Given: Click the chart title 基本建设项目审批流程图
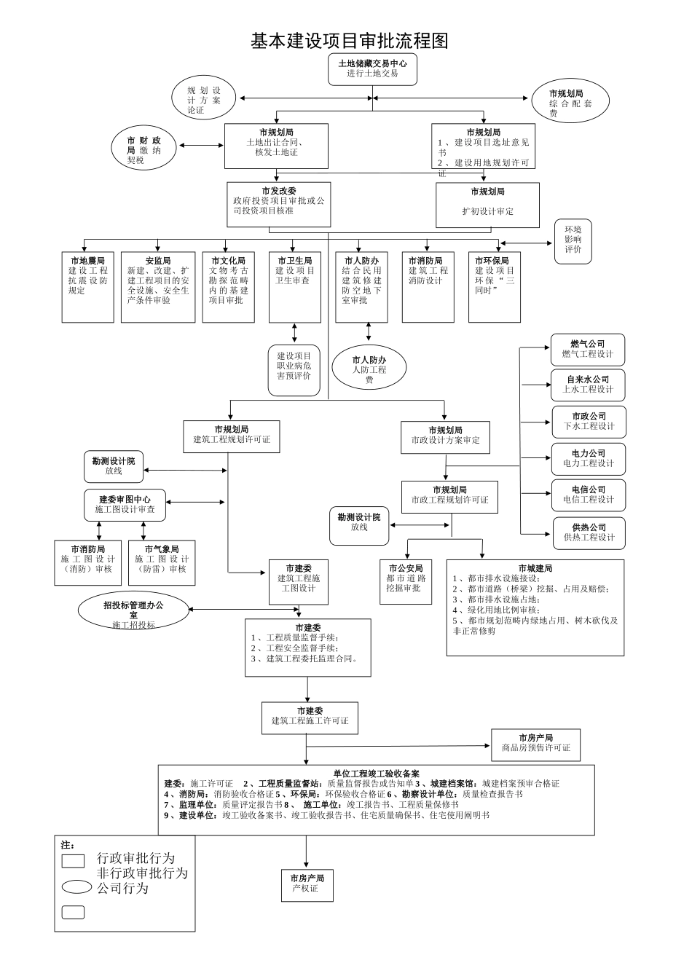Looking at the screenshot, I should (349, 42).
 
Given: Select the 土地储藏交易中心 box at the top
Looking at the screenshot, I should (372, 69).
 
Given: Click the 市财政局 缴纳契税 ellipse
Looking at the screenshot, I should (144, 148).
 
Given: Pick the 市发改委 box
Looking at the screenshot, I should (278, 204).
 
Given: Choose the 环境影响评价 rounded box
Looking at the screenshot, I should (573, 240).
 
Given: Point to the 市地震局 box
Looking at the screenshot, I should (87, 286).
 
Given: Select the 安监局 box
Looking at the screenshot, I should (157, 286).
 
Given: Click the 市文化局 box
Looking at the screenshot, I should (228, 286).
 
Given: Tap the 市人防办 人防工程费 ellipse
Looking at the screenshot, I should (369, 367).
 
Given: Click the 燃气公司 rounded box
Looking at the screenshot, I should (587, 350).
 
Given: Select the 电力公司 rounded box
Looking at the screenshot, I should (588, 458).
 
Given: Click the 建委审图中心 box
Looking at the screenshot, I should (125, 505).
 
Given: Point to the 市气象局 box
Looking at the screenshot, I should (161, 562).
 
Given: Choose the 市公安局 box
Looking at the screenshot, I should (405, 581).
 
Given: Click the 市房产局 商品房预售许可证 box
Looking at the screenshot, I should (535, 744).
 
